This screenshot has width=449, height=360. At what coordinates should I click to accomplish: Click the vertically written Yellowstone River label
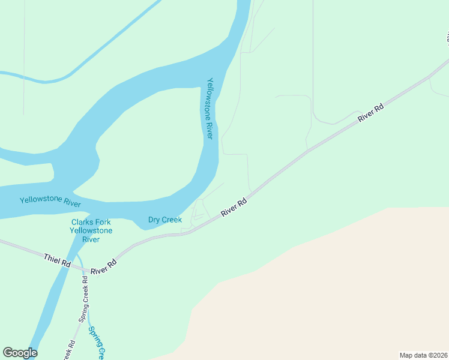point(209,109)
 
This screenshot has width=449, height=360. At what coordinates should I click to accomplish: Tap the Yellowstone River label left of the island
point(50,201)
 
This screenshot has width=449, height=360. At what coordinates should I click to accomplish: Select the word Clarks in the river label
point(82,222)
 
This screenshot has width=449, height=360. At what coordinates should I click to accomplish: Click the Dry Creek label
point(165,220)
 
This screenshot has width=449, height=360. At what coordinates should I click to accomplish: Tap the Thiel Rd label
point(57,260)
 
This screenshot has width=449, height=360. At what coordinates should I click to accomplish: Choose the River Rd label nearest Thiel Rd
point(103,267)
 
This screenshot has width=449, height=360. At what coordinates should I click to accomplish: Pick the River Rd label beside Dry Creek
point(234,208)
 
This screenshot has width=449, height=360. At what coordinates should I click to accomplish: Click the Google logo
point(20,353)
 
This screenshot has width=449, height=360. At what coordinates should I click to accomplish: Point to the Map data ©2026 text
point(423,355)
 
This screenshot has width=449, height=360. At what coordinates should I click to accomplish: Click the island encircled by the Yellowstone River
point(144,144)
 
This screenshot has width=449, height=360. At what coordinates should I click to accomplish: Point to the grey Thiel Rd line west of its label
point(18,247)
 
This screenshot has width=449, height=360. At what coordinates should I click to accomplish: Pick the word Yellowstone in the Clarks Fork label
point(91,231)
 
